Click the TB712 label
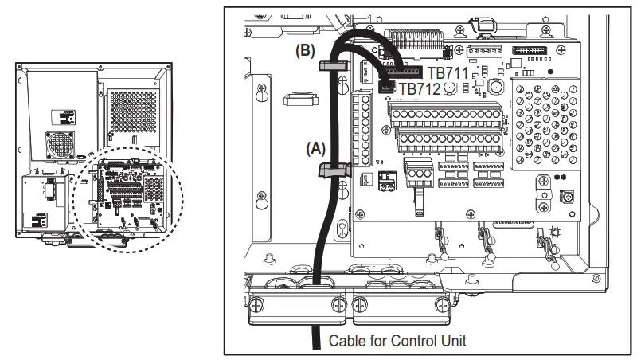point(419,89)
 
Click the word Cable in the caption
point(350,340)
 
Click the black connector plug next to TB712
point(388,87)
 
